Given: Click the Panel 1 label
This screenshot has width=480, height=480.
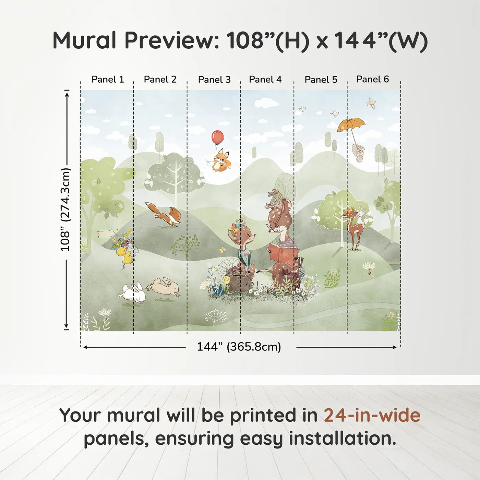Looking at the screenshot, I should click(x=108, y=79).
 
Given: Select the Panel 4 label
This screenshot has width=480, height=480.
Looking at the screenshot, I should click(x=265, y=79).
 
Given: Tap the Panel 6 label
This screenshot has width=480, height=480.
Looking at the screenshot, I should click(x=372, y=79).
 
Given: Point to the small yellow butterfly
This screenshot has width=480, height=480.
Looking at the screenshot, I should click(x=223, y=250).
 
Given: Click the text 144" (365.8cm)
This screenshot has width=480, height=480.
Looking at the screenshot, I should click(x=239, y=347).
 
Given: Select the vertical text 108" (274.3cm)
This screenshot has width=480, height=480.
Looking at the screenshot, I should click(x=65, y=209).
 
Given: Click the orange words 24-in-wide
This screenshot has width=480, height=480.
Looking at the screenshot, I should click(x=372, y=415).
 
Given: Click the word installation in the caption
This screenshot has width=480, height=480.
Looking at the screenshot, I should click(x=342, y=439).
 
